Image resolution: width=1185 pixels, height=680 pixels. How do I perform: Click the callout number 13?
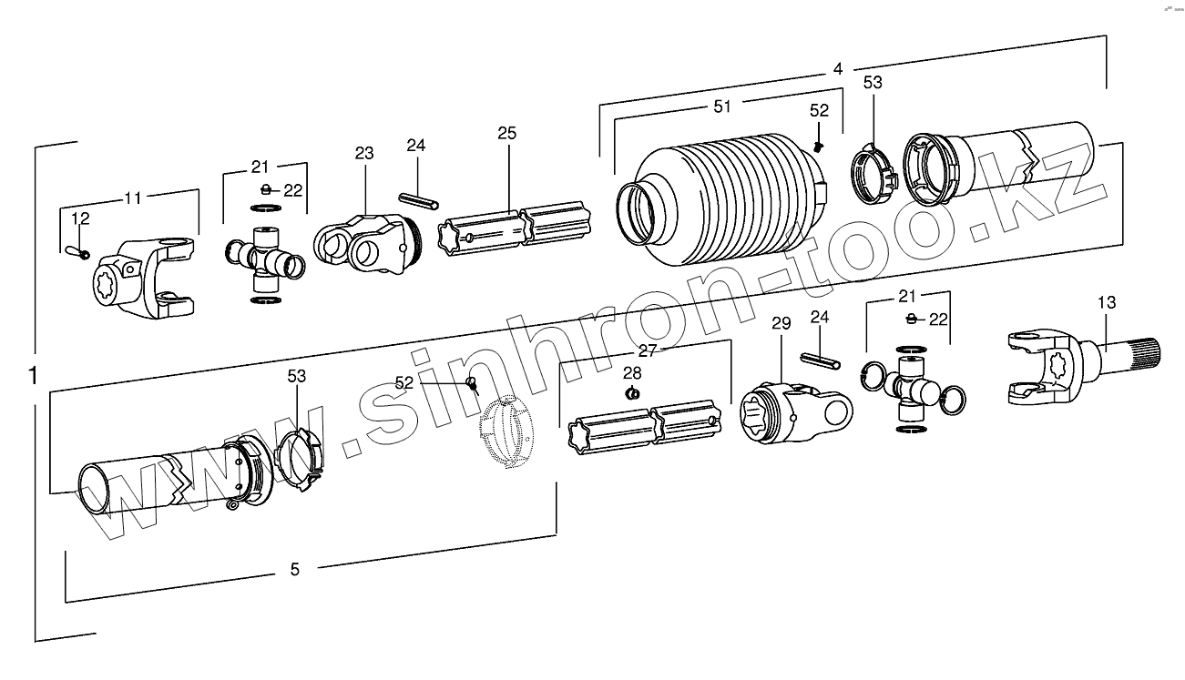pos(1106,303)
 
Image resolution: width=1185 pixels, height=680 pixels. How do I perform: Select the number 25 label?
pos(507,134)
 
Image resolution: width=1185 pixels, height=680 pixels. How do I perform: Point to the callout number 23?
pos(364,154)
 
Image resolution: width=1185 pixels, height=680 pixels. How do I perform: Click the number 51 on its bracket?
pos(722,107)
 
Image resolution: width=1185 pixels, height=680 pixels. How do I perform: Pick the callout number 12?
pos(80,218)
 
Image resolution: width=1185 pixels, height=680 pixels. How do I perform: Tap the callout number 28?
pos(632,372)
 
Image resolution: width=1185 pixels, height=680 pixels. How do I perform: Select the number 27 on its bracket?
pos(648,350)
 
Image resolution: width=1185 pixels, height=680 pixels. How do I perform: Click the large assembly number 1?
pos(34,375)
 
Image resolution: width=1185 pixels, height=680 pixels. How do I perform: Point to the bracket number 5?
pos(294,570)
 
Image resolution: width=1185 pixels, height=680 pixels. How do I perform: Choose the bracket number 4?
pos(837,69)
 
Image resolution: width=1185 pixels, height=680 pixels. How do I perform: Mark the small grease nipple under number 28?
pos(633,393)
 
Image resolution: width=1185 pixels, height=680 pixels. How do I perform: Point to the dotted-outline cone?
pos(503,433)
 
